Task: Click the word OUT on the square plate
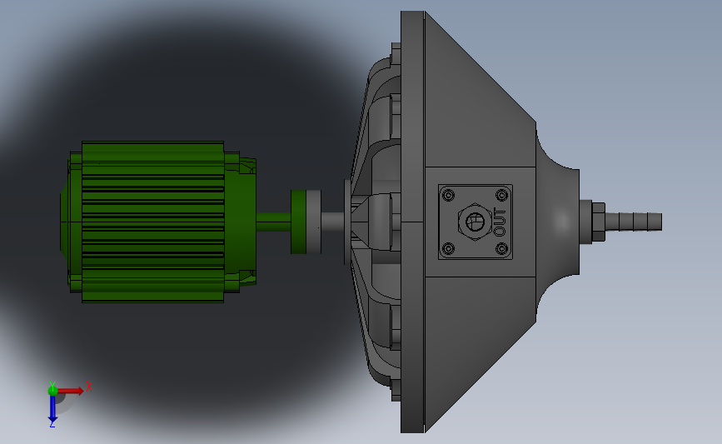pos(500,222)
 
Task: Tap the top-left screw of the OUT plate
pos(448,195)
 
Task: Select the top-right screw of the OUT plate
pos(501,195)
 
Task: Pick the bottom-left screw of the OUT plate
pos(448,249)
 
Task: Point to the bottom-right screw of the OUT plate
pos(501,249)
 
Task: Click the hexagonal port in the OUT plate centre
pos(475,222)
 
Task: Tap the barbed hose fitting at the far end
pos(634,222)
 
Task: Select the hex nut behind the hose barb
pos(598,222)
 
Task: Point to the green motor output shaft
pos(273,222)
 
